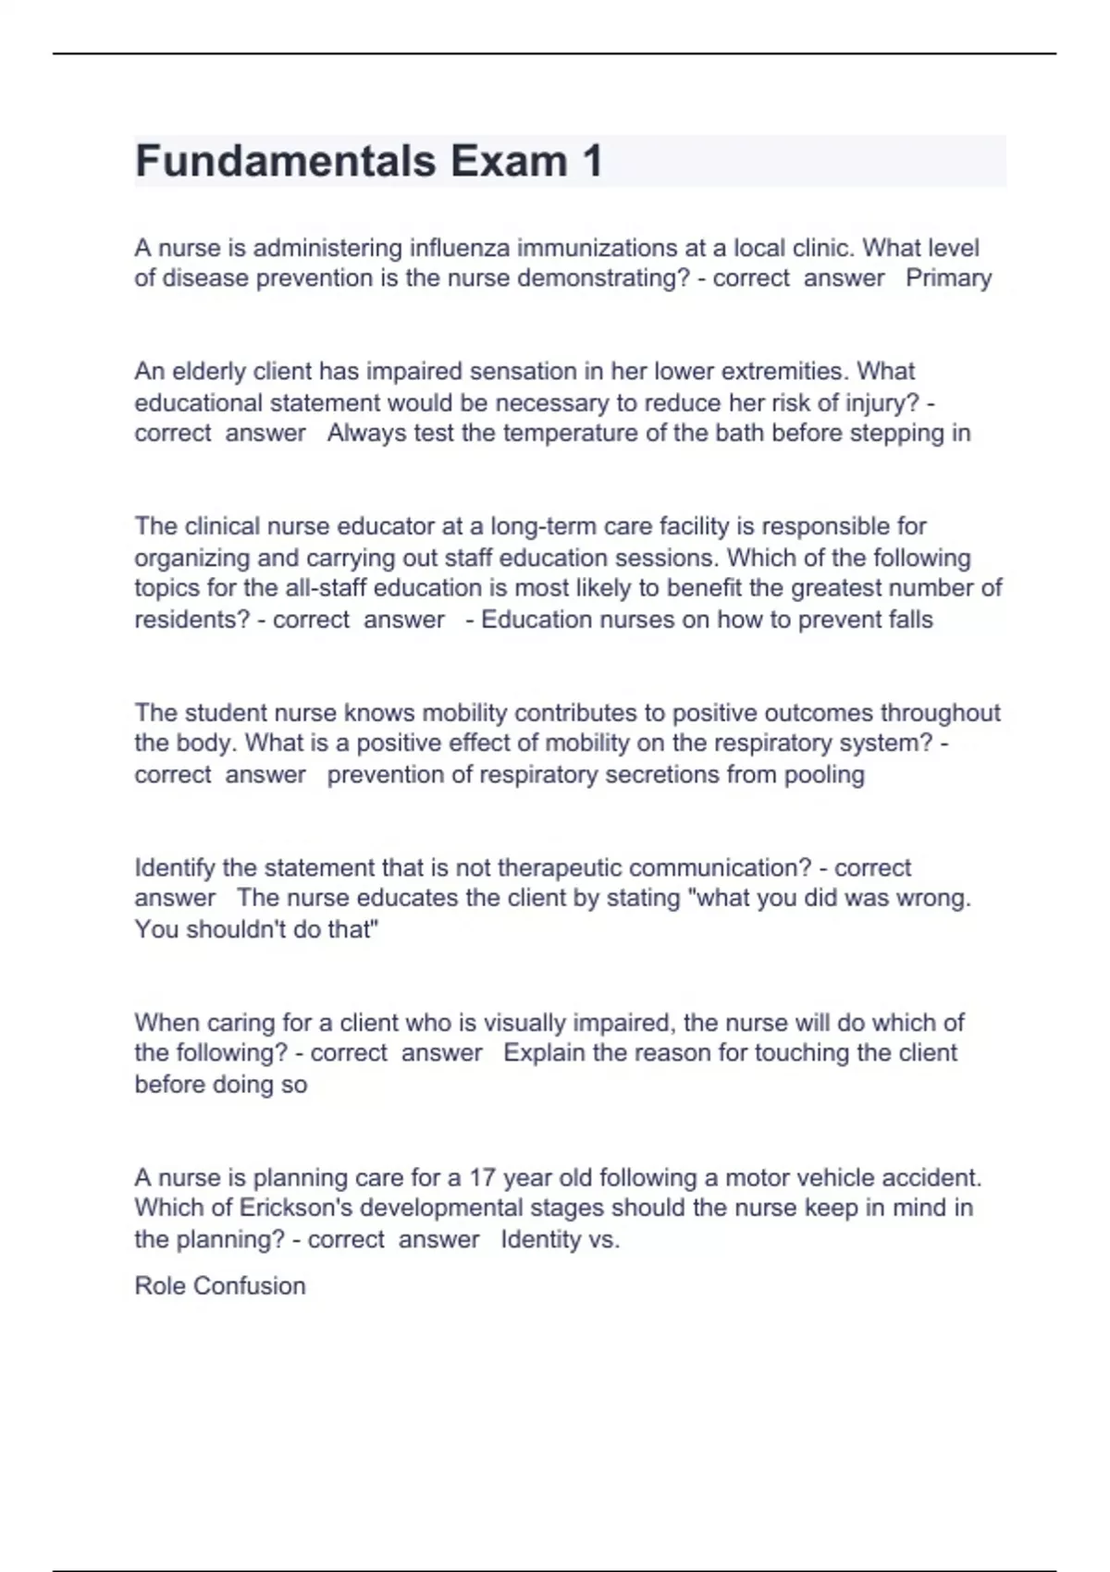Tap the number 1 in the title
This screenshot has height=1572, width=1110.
click(x=592, y=161)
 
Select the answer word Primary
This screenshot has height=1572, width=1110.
click(x=948, y=278)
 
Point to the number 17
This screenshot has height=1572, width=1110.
click(x=483, y=1178)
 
